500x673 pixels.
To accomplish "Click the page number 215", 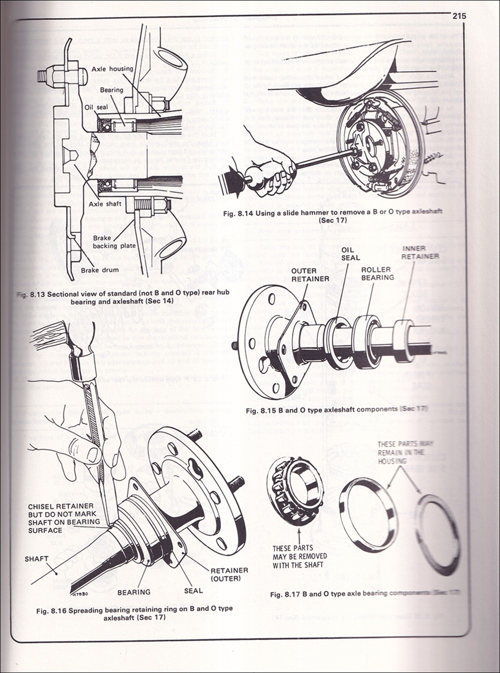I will (459, 15).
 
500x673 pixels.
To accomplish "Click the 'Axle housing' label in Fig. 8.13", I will (112, 68).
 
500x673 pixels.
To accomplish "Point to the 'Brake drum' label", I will (100, 270).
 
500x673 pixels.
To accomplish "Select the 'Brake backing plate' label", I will (111, 242).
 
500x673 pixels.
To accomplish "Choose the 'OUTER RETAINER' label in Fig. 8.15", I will (310, 274).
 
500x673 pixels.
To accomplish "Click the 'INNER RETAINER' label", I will (420, 252).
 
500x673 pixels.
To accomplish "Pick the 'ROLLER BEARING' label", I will (377, 273).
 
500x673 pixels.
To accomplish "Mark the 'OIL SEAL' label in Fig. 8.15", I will (350, 253).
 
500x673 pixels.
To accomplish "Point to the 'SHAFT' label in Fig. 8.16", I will (36, 558).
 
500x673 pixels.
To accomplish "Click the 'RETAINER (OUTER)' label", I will (229, 574).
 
